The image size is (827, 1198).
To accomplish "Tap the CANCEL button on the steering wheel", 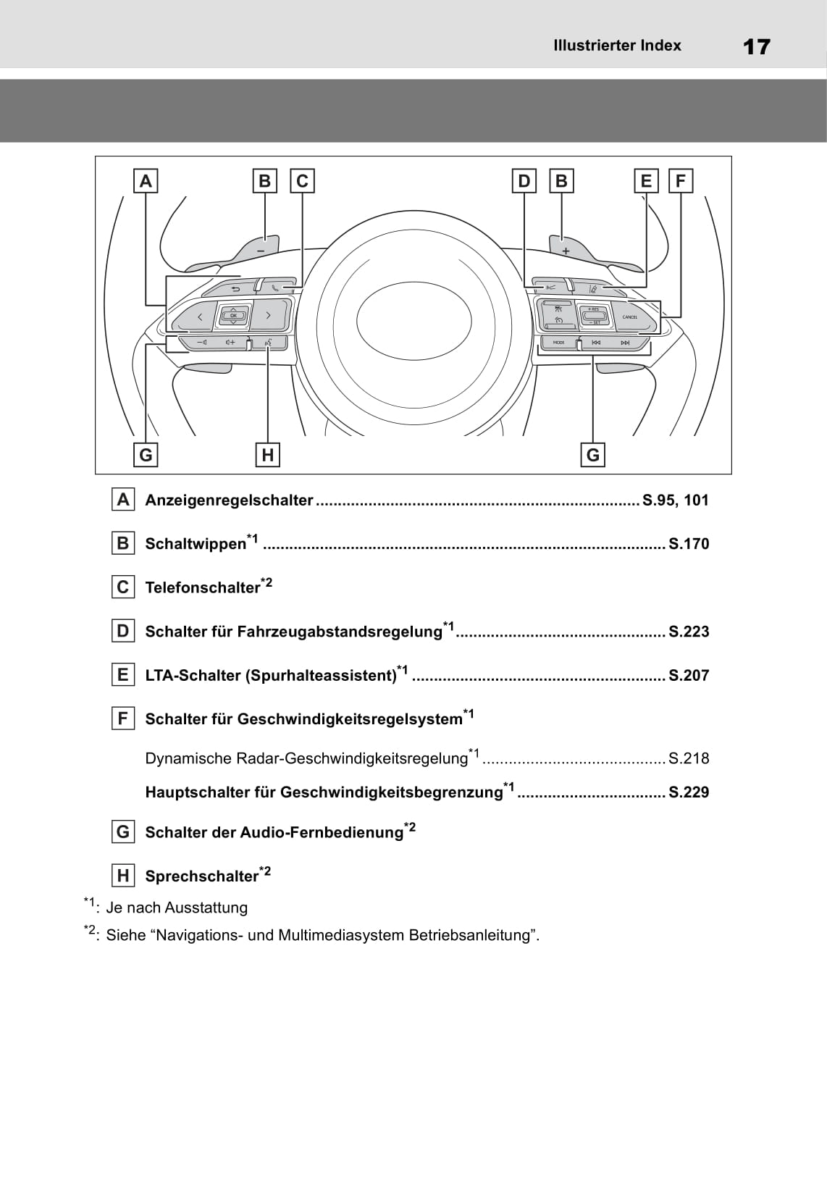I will pos(629,317).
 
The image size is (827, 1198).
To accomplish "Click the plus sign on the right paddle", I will pos(566,251).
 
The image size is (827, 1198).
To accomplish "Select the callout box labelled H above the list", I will pos(268,455).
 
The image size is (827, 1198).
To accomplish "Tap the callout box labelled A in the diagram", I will pos(146,180).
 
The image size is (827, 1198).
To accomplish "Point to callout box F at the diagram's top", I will pos(680,180).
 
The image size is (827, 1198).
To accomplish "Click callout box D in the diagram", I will pos(524,180).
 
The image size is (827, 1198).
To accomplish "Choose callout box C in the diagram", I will pos(302,180).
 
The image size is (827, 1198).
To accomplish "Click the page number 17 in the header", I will pos(757,47).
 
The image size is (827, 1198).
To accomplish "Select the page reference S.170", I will pos(689,544).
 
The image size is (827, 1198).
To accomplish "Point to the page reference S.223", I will pos(689,632).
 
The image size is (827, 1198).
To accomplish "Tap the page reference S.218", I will pos(689,758).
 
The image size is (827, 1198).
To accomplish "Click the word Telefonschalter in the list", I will pos(202,587).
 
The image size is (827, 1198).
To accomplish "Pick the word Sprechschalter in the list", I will pos(201,876).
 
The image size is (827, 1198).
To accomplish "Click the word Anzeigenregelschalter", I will pos(229,500).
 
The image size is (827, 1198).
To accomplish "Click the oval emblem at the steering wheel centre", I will pos(413,320).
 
